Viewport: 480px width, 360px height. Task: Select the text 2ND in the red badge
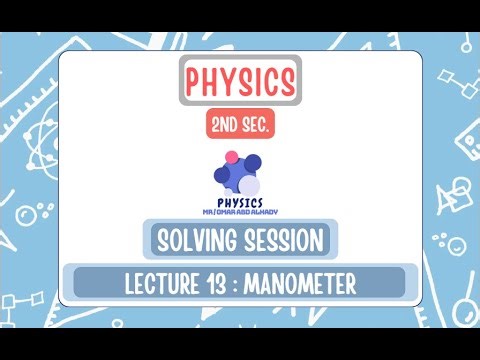click(x=225, y=126)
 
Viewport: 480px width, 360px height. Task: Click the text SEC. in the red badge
click(x=255, y=126)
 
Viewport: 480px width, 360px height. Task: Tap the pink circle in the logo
click(x=231, y=157)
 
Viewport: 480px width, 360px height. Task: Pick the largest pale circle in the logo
click(x=249, y=186)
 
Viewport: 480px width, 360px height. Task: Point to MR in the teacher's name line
click(x=208, y=211)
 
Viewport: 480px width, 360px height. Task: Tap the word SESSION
click(x=279, y=241)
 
